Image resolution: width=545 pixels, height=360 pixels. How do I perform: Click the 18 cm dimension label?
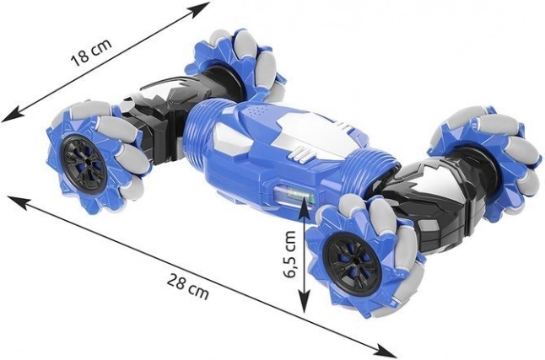[x=91, y=52]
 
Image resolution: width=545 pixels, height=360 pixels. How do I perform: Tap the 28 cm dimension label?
[x=188, y=286]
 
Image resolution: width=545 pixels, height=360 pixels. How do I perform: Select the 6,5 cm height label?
[x=289, y=254]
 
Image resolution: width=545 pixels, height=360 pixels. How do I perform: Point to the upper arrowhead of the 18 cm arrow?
[x=202, y=8]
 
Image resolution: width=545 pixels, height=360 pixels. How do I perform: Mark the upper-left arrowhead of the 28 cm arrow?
[x=16, y=201]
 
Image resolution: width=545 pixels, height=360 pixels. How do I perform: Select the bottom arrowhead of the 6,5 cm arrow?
[x=305, y=302]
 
